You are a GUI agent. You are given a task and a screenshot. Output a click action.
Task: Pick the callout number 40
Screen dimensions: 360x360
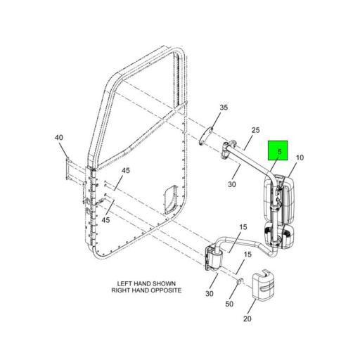[58, 139]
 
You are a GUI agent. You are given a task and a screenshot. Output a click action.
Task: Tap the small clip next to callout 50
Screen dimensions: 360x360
[239, 285]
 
